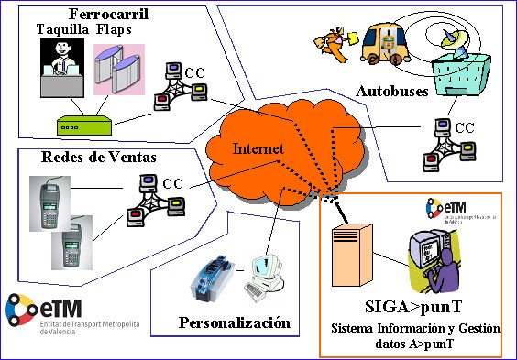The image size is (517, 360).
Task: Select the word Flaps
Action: pyautogui.click(x=115, y=29)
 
